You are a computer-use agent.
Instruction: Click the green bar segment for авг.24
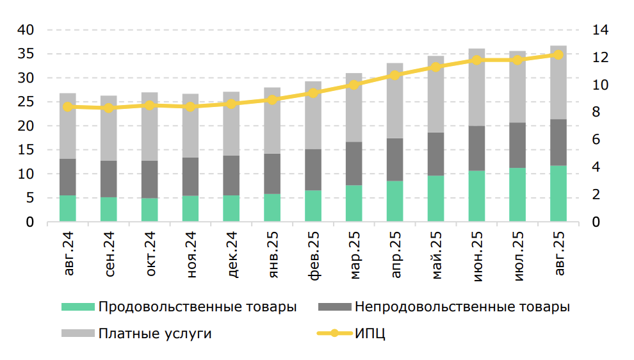(x=67, y=209)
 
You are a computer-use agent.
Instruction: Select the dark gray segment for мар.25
(x=354, y=163)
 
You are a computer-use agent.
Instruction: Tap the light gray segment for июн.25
(x=476, y=87)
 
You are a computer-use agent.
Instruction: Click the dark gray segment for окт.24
(x=149, y=179)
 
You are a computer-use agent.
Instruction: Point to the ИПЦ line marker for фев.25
(x=313, y=93)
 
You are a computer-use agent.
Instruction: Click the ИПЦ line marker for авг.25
(x=558, y=55)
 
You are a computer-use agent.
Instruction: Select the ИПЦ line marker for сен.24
(x=108, y=108)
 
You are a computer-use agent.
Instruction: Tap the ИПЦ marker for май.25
(x=435, y=67)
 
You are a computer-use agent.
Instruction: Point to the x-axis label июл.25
(x=518, y=254)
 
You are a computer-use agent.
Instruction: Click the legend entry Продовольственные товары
(x=197, y=307)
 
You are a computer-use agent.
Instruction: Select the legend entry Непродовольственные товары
(x=462, y=307)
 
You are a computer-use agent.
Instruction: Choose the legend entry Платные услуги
(x=154, y=334)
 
